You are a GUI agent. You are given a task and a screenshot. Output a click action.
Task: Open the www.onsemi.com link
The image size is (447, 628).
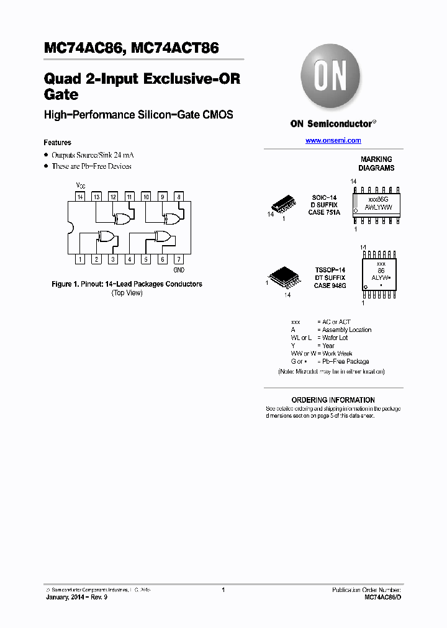pos(333,141)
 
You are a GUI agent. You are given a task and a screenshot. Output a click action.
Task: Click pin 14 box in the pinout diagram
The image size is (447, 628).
pos(80,197)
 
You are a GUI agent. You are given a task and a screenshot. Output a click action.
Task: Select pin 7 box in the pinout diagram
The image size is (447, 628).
pos(178,259)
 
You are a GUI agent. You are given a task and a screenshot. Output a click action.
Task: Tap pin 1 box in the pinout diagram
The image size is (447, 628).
pos(80,259)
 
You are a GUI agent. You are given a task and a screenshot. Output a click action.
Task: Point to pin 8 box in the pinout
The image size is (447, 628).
pos(178,197)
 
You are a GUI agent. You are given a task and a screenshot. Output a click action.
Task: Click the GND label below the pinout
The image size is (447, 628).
pos(179,270)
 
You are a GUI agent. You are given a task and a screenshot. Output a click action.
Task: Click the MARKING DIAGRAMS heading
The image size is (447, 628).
pos(377,164)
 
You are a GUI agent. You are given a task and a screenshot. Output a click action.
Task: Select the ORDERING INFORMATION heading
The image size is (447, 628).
pos(333,400)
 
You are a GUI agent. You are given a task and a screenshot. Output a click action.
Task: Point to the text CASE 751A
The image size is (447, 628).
pos(324,213)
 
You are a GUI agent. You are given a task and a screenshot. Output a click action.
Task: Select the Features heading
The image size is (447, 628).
pos(57,143)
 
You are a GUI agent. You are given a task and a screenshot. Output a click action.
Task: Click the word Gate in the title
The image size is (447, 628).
pos(61,95)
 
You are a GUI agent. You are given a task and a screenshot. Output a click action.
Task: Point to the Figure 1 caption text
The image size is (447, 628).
pos(127,284)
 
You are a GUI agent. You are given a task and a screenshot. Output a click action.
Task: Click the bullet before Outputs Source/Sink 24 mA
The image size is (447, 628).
pos(46,155)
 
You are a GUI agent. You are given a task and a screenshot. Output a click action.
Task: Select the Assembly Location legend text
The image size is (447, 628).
pos(346,330)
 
